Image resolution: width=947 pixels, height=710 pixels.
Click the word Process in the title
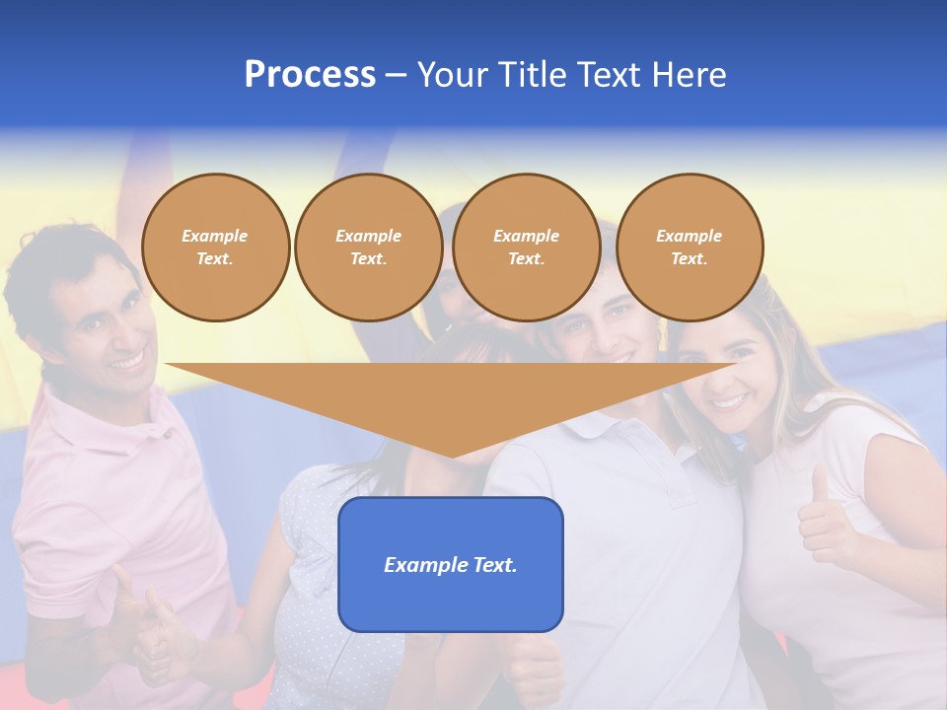tap(310, 75)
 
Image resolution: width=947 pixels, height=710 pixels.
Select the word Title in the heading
tap(531, 75)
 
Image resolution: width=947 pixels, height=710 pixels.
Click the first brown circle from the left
tap(215, 248)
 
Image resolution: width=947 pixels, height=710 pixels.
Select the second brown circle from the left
tap(368, 248)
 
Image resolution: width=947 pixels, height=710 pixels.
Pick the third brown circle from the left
tap(526, 248)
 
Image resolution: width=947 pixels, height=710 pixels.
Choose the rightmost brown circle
tap(689, 248)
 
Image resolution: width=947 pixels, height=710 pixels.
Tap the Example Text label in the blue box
tap(451, 565)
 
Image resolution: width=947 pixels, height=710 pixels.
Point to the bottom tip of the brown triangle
tap(453, 455)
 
